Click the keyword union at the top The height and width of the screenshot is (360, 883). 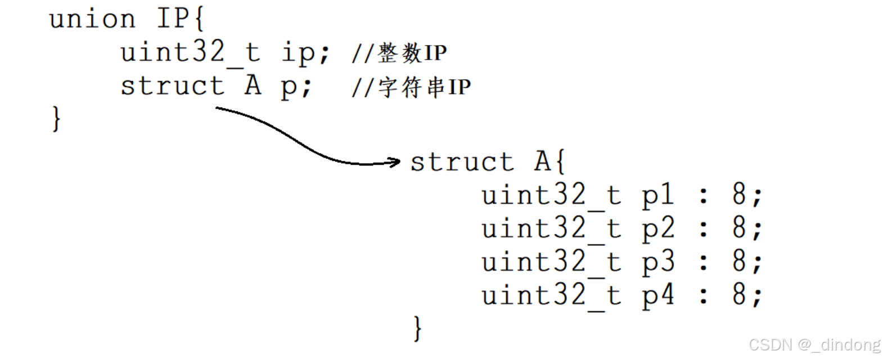click(x=92, y=19)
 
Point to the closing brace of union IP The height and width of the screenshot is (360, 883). click(x=56, y=119)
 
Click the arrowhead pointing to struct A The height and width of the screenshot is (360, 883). click(x=395, y=163)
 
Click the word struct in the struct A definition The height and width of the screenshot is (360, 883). click(x=462, y=162)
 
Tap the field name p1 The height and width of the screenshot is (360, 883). click(x=657, y=196)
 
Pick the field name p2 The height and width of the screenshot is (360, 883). click(x=657, y=229)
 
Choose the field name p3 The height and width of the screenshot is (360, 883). click(x=657, y=262)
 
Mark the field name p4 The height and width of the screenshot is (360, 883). click(x=657, y=295)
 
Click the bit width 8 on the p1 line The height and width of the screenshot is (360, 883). click(x=739, y=195)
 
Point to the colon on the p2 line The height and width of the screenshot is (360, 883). click(x=703, y=229)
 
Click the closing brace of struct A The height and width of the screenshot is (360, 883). click(x=417, y=328)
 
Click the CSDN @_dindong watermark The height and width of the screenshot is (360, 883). click(x=814, y=344)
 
